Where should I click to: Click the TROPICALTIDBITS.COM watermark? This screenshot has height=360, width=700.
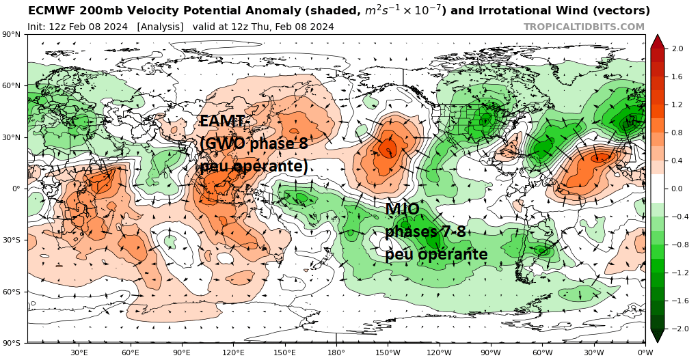tap(584, 27)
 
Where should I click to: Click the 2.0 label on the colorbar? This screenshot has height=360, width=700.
tap(677, 49)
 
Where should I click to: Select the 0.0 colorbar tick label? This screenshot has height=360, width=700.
tap(677, 189)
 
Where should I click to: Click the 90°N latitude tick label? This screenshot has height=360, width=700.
tap(12, 34)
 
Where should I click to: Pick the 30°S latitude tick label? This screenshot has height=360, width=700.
tap(12, 240)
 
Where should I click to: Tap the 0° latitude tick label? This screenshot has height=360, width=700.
tap(16, 189)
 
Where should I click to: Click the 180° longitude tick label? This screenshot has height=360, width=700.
tap(336, 352)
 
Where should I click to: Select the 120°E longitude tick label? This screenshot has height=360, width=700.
tap(233, 352)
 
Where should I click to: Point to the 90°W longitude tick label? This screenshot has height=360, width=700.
tap(491, 352)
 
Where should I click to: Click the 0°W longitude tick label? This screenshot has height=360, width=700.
tap(645, 352)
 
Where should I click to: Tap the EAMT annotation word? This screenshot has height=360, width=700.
tap(223, 122)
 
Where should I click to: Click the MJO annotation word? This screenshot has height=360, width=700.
tap(403, 209)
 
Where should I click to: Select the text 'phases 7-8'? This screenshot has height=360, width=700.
tap(425, 232)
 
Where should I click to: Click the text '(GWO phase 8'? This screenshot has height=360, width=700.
tap(254, 143)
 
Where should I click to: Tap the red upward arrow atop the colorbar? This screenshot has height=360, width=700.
tap(657, 41)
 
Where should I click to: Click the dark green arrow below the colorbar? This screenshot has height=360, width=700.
tap(657, 335)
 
